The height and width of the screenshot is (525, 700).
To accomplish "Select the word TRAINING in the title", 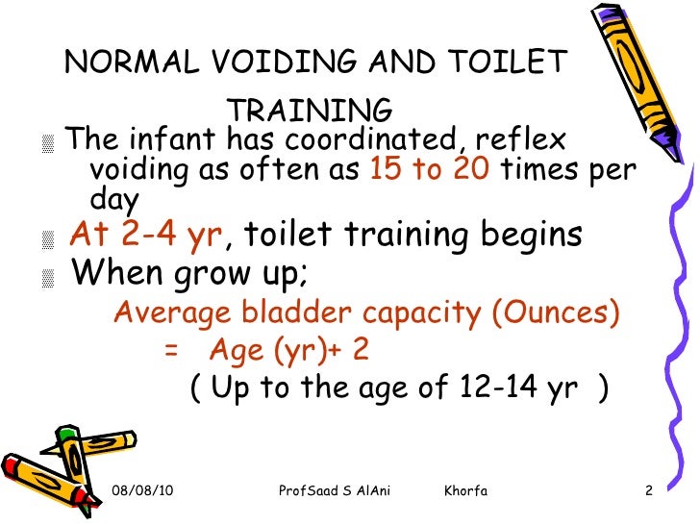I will click(x=312, y=108).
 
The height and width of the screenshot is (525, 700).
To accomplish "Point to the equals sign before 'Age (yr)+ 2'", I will click(x=171, y=351).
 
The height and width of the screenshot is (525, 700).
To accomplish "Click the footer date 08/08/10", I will click(x=141, y=492).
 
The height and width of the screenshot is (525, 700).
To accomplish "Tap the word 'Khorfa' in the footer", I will click(x=466, y=492).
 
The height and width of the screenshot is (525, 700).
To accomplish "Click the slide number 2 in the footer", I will click(x=649, y=492).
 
